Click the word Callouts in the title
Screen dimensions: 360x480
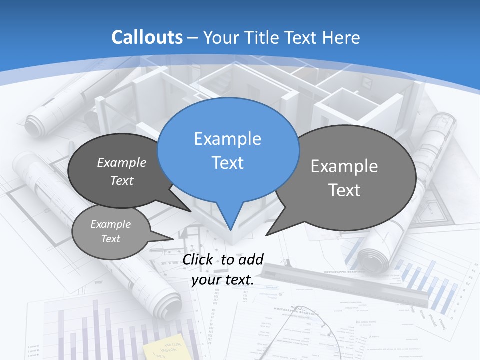click(147, 37)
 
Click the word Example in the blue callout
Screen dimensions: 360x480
click(227, 139)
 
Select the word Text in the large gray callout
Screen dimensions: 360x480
click(344, 190)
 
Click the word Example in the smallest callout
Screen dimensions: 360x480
click(110, 224)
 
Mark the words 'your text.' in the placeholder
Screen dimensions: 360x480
click(223, 280)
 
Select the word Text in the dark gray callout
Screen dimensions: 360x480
click(122, 181)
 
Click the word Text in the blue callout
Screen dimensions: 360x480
click(227, 163)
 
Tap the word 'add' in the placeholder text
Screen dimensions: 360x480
click(251, 259)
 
